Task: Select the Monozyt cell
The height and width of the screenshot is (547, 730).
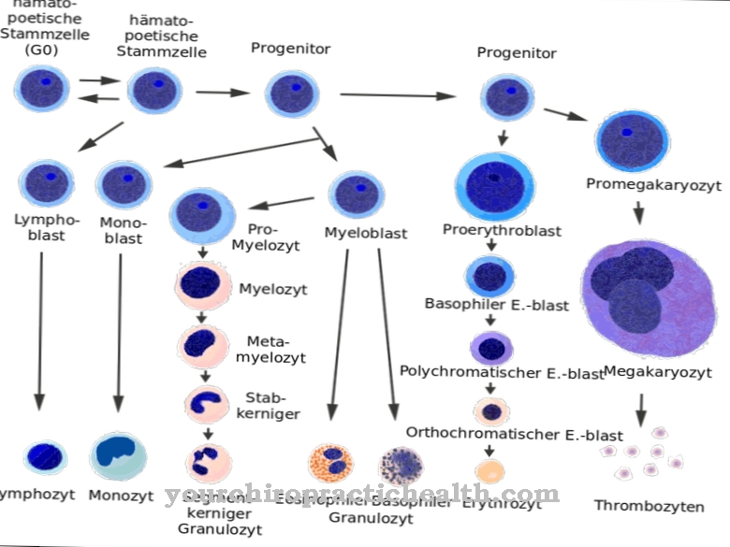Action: (x=118, y=455)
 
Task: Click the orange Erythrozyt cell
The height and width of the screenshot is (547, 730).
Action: (x=490, y=469)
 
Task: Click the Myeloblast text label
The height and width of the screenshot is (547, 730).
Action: (x=365, y=233)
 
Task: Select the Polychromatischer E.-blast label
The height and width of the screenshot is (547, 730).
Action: (x=502, y=372)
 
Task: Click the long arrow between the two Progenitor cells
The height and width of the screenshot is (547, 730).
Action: (x=397, y=94)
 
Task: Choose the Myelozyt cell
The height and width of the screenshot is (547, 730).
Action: (x=203, y=287)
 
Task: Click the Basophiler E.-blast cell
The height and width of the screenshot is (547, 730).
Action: (x=489, y=275)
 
